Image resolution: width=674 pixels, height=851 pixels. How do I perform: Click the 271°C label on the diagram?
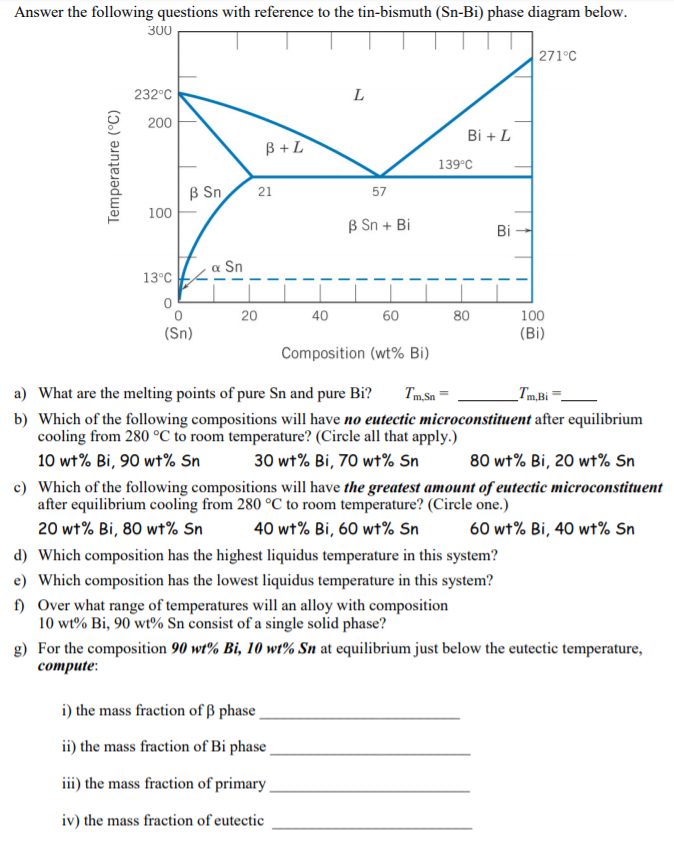tap(557, 55)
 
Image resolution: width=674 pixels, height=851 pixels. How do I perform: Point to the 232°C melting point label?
tap(154, 95)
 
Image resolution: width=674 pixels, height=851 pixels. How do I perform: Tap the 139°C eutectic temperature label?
tap(455, 164)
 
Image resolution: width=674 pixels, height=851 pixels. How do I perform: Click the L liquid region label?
tap(358, 96)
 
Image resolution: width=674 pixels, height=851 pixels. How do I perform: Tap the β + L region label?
tap(285, 149)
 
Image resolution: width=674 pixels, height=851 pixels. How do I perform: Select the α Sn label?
tap(228, 266)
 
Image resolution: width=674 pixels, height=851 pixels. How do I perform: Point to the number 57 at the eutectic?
tap(379, 191)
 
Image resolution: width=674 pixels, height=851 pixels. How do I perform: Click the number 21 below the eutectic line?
tap(265, 191)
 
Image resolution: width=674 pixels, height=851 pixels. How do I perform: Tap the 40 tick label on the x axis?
tap(320, 316)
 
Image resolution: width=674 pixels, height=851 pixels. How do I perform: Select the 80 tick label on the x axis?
tap(460, 316)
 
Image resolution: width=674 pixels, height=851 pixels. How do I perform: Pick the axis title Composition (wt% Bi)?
tap(355, 353)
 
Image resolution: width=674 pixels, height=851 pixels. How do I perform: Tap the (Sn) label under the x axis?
tap(180, 333)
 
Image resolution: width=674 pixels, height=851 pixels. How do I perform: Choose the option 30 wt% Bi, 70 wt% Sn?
tap(337, 461)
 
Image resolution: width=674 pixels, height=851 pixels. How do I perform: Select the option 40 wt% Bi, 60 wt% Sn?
tap(337, 529)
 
